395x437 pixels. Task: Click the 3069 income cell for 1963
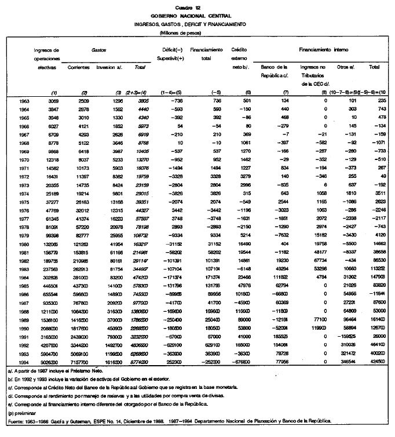(52, 101)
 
